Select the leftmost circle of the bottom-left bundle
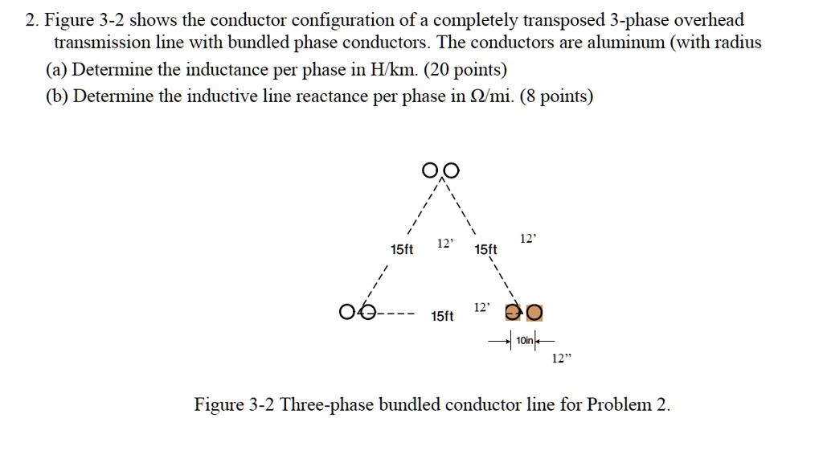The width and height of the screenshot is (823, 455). click(x=347, y=311)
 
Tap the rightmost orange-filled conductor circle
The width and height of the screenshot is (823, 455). click(x=535, y=311)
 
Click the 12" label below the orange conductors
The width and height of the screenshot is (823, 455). click(x=561, y=359)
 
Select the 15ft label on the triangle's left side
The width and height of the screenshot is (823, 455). click(x=402, y=250)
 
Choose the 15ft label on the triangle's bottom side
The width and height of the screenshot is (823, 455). click(x=442, y=317)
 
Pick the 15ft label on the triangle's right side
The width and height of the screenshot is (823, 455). click(x=486, y=250)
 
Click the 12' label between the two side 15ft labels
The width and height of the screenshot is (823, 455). click(x=444, y=244)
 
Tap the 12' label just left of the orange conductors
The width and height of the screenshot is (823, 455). click(x=481, y=308)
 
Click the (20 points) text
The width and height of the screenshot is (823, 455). click(x=466, y=70)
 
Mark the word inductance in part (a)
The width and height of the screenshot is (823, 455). click(x=227, y=70)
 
